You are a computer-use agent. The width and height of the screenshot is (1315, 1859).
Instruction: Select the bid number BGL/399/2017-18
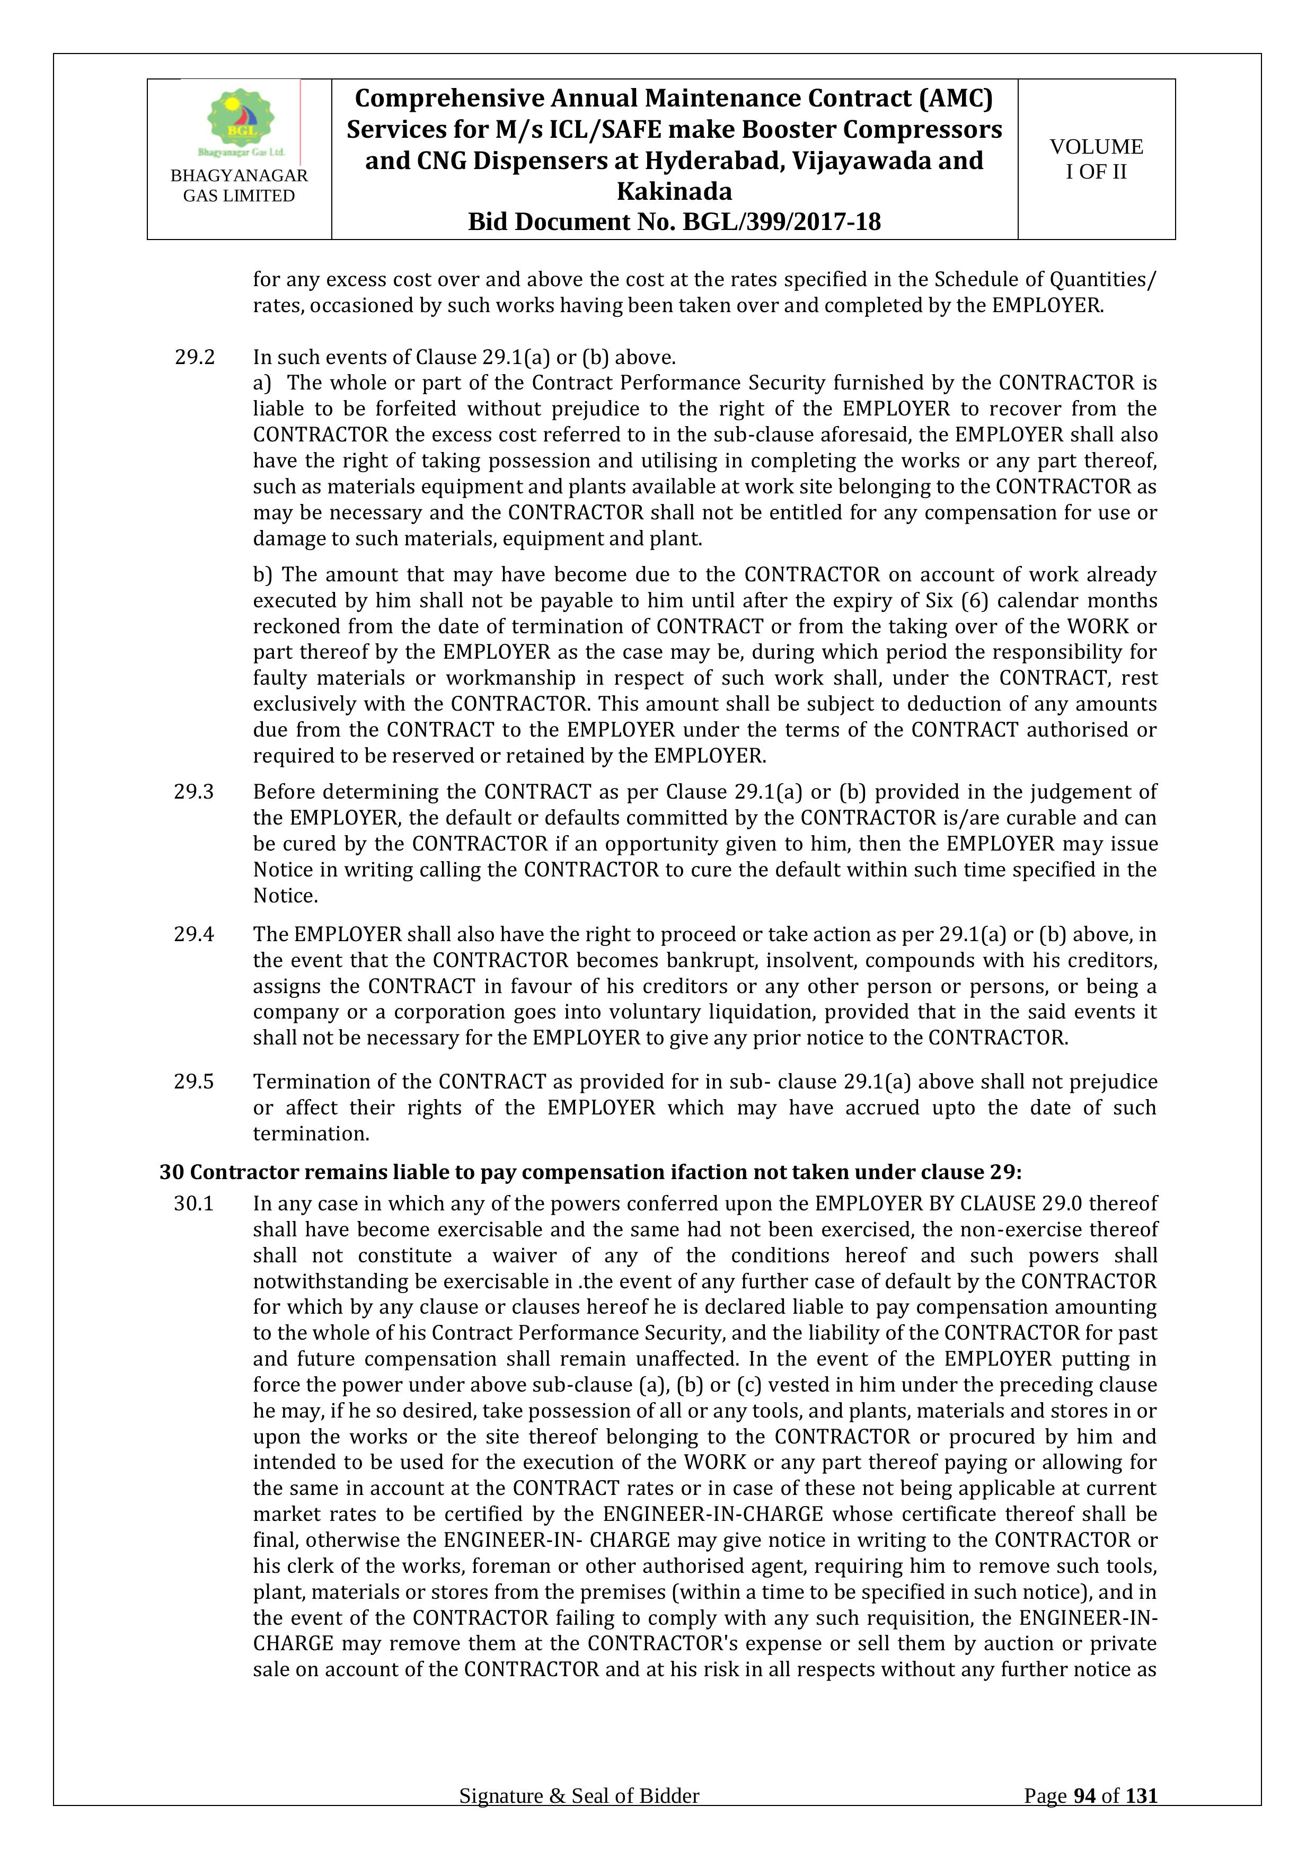point(781,222)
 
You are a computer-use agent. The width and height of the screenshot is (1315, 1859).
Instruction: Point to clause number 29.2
point(195,357)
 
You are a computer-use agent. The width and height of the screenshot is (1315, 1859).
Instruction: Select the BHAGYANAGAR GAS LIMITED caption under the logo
point(239,185)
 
